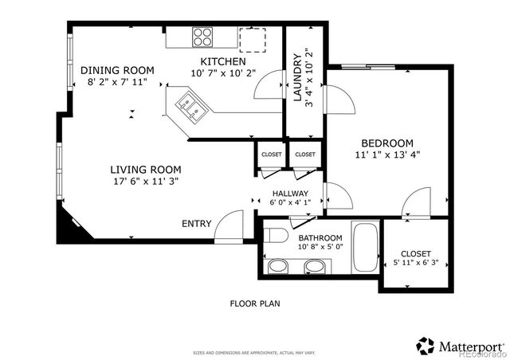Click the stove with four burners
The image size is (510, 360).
(202, 37)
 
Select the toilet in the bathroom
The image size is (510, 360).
(275, 236)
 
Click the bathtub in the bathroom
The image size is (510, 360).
(367, 249)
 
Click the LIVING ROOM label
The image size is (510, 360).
(145, 170)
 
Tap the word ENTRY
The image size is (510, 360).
(197, 224)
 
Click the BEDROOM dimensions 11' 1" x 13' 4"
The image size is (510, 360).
(387, 155)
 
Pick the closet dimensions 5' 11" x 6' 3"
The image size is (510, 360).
(416, 262)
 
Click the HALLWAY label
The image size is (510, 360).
(291, 194)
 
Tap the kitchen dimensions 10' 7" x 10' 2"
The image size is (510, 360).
(222, 73)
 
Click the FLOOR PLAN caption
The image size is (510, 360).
(255, 303)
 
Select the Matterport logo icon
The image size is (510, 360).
(426, 346)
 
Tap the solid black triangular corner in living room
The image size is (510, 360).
(66, 227)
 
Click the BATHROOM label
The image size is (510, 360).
(320, 238)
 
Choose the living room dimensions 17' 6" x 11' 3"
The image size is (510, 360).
(145, 181)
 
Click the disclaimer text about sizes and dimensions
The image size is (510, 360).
(254, 352)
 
